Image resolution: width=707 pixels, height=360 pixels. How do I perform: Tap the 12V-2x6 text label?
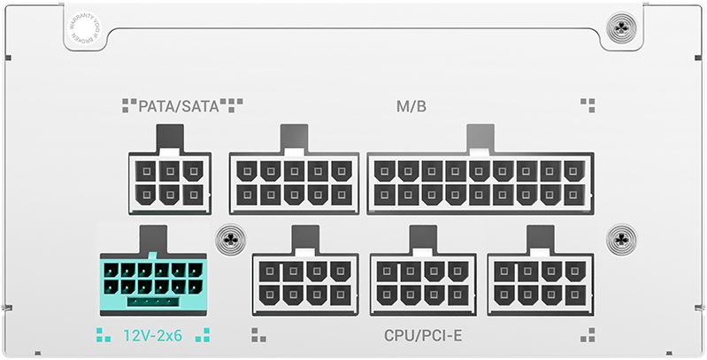click(x=152, y=335)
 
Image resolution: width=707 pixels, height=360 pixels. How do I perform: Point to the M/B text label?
click(x=411, y=107)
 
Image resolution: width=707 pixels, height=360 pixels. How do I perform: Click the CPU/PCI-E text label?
click(x=424, y=336)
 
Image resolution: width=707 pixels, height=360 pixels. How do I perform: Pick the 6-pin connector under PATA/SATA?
click(x=170, y=181)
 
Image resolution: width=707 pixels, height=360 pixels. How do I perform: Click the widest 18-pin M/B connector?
click(x=480, y=181)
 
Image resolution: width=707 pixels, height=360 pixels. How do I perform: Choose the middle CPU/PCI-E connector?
click(x=422, y=284)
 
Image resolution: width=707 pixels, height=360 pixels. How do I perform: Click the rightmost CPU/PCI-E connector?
click(x=539, y=284)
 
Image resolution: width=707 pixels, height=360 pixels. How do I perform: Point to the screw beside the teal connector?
click(x=230, y=238)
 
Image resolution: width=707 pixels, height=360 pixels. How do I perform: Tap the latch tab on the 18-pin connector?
click(x=480, y=137)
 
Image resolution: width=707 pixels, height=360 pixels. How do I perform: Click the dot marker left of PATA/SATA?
click(x=129, y=106)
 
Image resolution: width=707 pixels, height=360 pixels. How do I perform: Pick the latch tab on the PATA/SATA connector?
click(x=170, y=137)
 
